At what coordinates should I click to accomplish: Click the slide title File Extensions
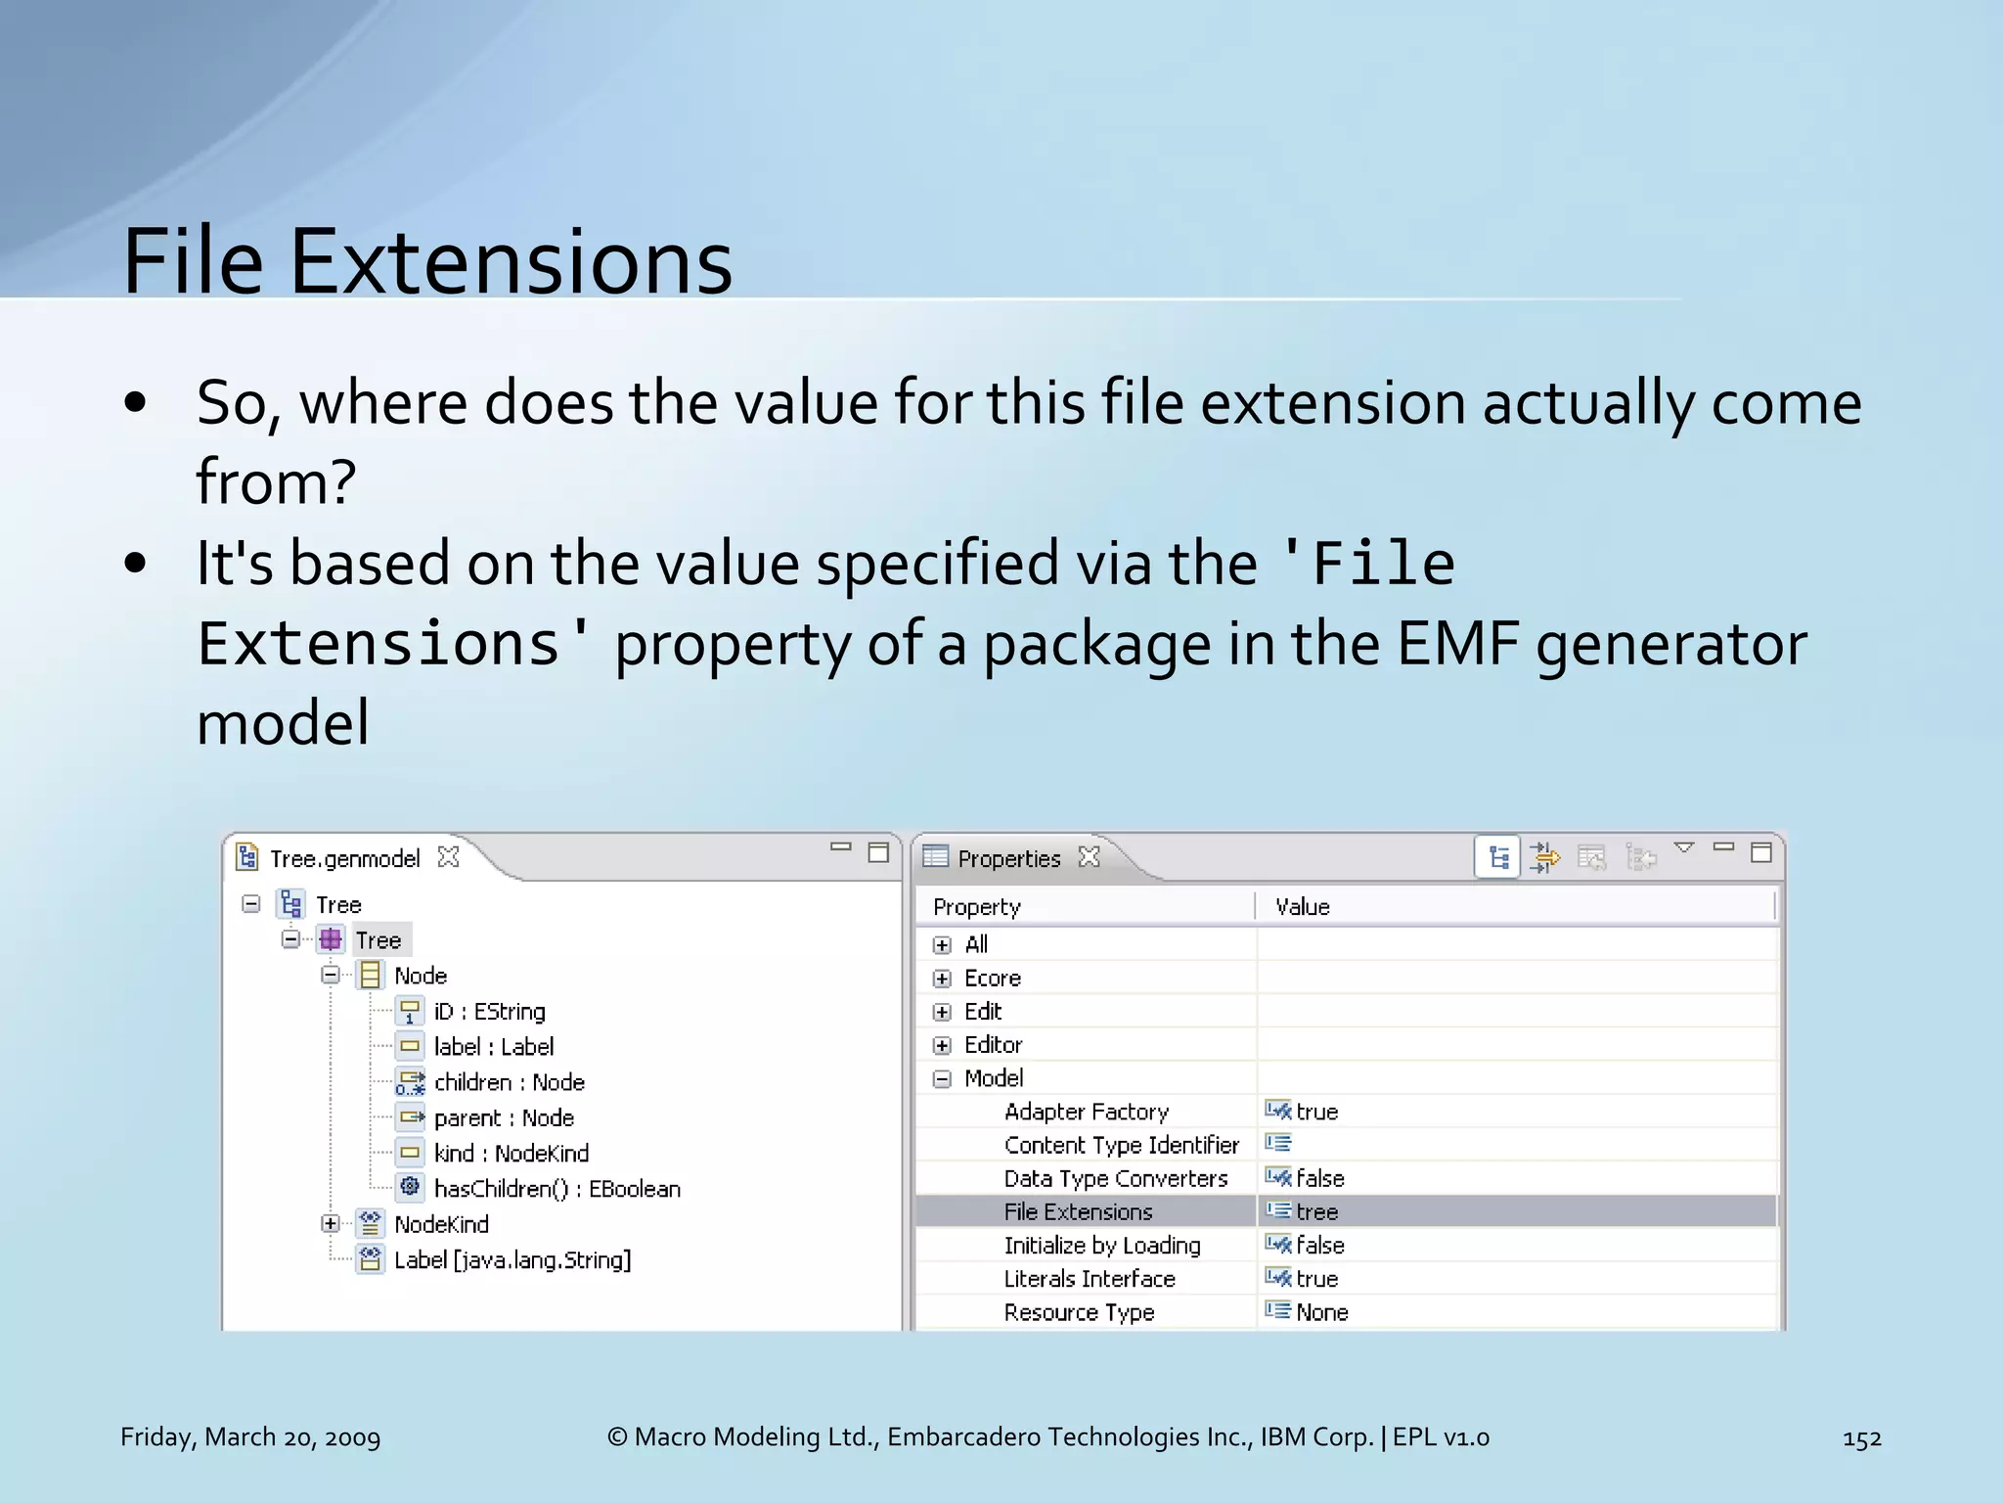click(427, 262)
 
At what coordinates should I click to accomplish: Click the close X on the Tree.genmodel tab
click(449, 857)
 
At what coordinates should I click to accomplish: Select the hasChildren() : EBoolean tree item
click(556, 1189)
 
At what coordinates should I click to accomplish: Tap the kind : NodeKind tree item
click(511, 1154)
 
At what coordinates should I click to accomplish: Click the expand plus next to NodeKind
click(331, 1224)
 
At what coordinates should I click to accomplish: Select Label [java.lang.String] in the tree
click(512, 1260)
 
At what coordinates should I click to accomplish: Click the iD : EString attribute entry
click(489, 1012)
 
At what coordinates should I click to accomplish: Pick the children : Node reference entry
click(509, 1082)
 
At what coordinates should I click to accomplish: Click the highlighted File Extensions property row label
click(1078, 1212)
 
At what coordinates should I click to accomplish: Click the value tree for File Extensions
click(1316, 1212)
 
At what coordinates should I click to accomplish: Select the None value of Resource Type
click(1321, 1313)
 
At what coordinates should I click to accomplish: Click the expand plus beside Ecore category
click(942, 979)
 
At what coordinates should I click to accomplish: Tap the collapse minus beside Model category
click(942, 1079)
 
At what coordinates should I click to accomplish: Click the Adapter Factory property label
click(1086, 1113)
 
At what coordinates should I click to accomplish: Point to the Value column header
click(1302, 907)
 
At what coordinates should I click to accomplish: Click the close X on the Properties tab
click(1090, 857)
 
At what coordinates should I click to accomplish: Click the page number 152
click(1861, 1438)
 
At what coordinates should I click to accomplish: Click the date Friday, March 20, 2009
click(250, 1437)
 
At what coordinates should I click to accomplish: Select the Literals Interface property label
click(1089, 1280)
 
